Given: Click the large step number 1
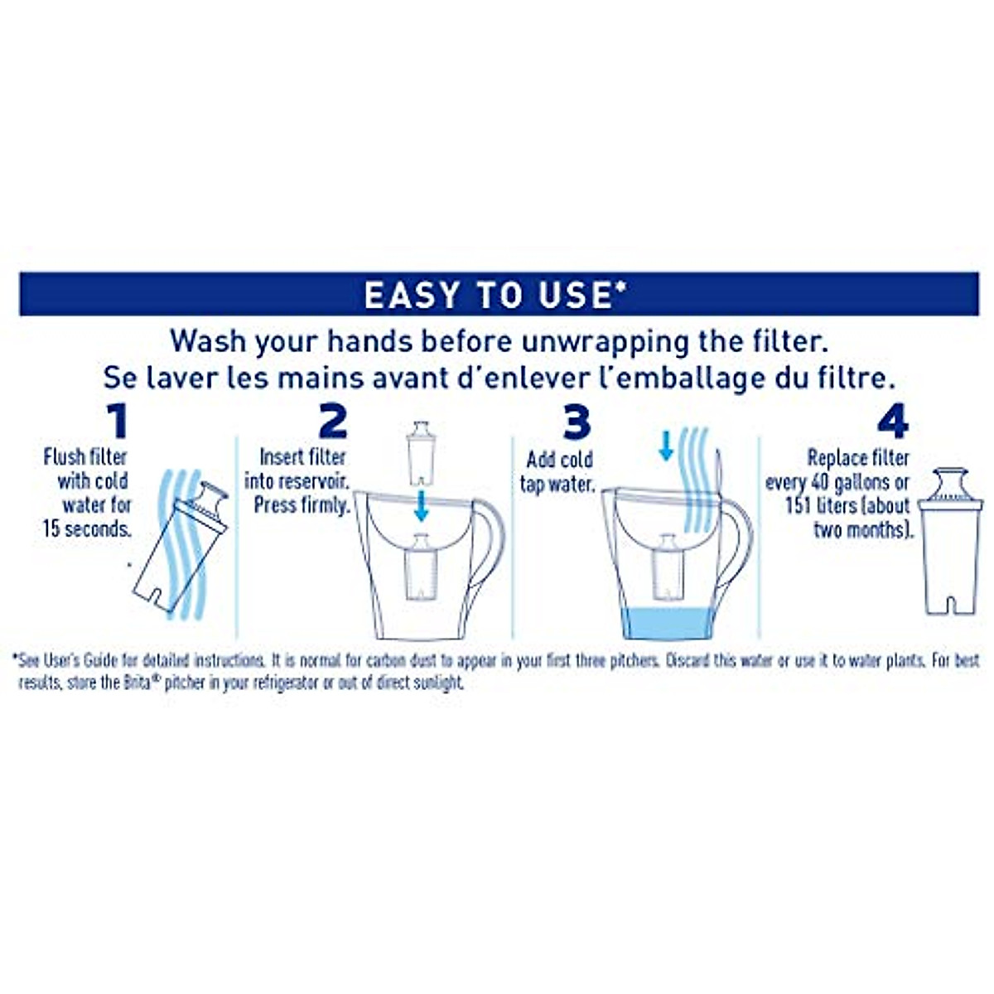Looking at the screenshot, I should [x=118, y=422].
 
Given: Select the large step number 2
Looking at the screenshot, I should [x=332, y=422].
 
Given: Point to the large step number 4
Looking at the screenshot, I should [x=892, y=422].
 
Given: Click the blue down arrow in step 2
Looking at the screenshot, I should [x=422, y=504].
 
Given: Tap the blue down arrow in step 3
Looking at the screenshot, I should [x=665, y=445].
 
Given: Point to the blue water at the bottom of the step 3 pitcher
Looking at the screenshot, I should [x=667, y=623].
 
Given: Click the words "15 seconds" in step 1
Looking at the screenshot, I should [x=87, y=529].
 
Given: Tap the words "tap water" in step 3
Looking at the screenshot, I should [x=557, y=484].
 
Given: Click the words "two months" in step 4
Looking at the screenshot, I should [x=861, y=529].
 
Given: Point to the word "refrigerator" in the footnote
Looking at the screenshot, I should [x=271, y=683].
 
